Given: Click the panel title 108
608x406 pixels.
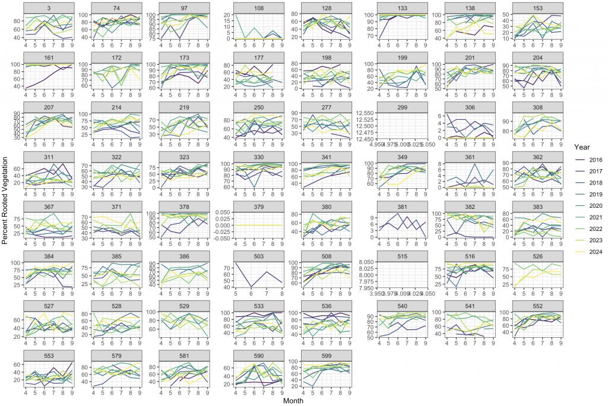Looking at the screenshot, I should tap(258, 7).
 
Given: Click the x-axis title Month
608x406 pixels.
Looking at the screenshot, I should tap(294, 401).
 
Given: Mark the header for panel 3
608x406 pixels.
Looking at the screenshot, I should tap(49, 7).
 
